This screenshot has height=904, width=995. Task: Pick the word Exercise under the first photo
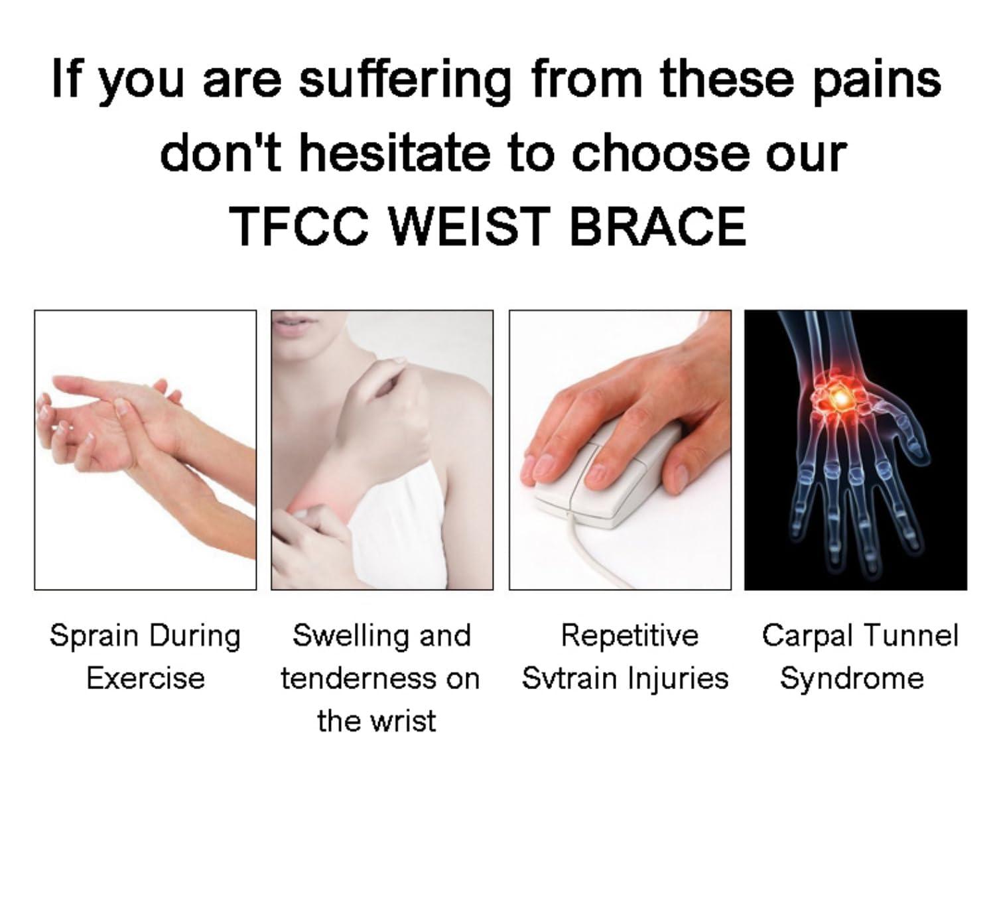coord(145,678)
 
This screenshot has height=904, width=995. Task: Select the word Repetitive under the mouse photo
coord(630,635)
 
